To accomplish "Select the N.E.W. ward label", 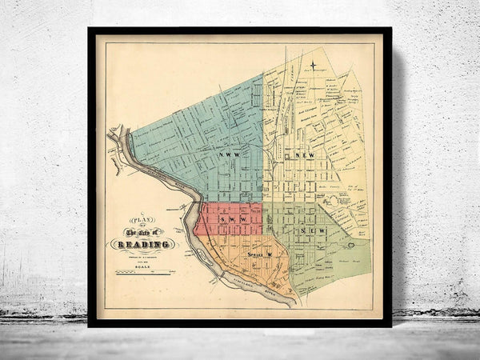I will pyautogui.click(x=306, y=154).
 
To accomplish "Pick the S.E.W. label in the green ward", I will pyautogui.click(x=307, y=231).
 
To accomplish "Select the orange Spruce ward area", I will pyautogui.click(x=240, y=256).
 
